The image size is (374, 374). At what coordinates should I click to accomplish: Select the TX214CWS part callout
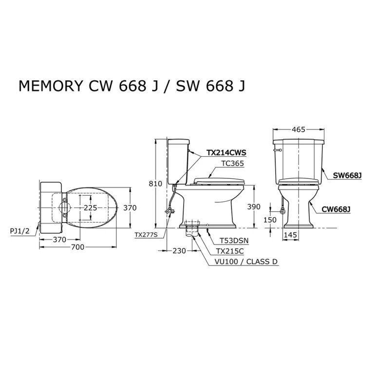click(x=225, y=152)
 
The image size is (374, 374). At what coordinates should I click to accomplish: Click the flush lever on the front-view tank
click(x=278, y=150)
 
